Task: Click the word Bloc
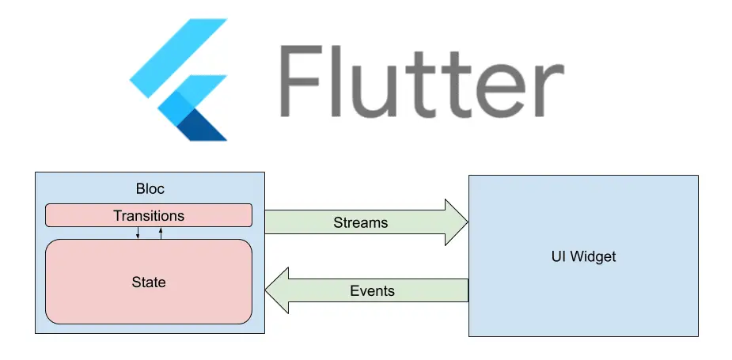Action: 149,191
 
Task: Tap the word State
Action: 149,282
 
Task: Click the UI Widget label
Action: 583,256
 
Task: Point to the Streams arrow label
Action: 361,222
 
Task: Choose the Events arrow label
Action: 372,290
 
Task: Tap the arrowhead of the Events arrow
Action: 276,290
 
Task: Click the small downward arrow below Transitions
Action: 138,233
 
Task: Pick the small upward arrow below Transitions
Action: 161,233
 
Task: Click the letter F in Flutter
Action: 305,81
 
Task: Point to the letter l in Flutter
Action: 349,79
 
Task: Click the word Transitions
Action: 149,215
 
